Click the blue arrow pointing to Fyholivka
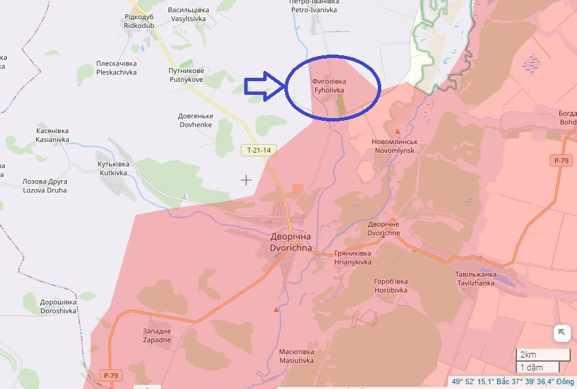[x=263, y=87]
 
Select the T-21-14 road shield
[x=259, y=150]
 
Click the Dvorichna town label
[x=291, y=242]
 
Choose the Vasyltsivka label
[x=188, y=15]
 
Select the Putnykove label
[x=186, y=75]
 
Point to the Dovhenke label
[x=196, y=121]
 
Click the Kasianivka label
[x=53, y=135]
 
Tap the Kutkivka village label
[x=113, y=169]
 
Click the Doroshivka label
[x=58, y=306]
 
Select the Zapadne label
[x=158, y=335]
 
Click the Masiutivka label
[x=296, y=356]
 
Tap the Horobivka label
[x=391, y=285]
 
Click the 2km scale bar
[x=543, y=355]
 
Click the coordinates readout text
[x=512, y=381]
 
